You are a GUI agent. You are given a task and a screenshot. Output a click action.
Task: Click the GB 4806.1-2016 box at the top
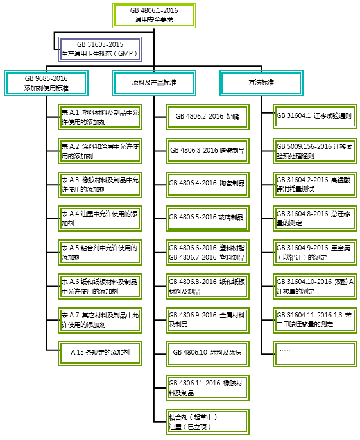point(153,15)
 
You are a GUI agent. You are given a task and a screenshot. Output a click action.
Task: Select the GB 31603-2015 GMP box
point(100,49)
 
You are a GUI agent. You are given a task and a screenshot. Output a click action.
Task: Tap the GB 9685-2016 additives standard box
point(46,83)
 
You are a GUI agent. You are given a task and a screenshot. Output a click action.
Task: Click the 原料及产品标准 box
point(153,83)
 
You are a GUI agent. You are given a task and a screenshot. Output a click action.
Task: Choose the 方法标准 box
point(261,83)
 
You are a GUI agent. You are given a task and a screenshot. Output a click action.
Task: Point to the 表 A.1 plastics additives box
point(99,117)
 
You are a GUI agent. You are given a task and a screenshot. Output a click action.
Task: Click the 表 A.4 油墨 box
point(99,218)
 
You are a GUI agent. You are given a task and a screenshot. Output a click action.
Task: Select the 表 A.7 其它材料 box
point(99,320)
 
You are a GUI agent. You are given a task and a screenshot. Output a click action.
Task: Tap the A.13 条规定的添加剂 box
point(99,353)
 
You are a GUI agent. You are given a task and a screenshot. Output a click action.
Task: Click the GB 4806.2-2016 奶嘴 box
point(207,117)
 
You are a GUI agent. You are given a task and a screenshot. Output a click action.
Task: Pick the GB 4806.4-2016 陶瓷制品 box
point(207,185)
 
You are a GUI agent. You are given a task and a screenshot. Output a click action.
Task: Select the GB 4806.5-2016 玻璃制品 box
point(207,218)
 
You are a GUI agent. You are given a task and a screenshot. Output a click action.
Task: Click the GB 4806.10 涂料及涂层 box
point(207,354)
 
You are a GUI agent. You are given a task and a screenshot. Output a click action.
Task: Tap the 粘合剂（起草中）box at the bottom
point(207,422)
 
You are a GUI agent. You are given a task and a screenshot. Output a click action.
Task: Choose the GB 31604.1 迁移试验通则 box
point(315,117)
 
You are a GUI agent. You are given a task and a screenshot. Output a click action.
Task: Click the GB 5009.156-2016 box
point(315,151)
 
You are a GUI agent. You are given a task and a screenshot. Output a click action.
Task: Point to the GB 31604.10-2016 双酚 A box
point(315,286)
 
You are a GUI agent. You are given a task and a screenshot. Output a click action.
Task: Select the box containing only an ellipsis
point(315,354)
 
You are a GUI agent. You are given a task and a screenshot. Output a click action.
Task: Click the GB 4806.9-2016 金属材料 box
point(207,320)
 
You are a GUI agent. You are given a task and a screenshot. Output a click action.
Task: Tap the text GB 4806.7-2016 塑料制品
point(207,257)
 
